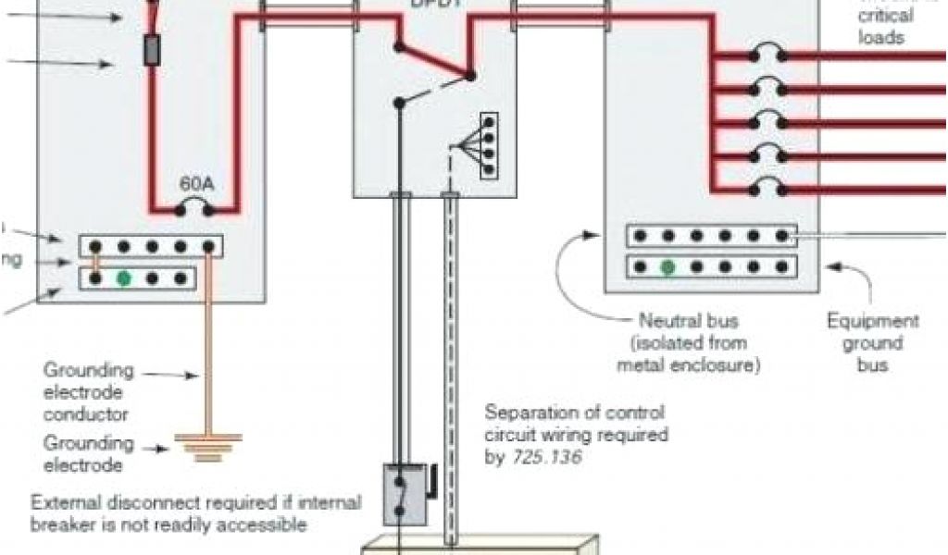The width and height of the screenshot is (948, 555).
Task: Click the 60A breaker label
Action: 195,184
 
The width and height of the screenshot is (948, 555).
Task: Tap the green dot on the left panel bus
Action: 122,277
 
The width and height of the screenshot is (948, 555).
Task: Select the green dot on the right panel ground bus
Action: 667,267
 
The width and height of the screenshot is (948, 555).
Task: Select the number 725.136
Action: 546,456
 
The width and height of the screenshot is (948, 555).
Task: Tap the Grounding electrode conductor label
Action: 89,392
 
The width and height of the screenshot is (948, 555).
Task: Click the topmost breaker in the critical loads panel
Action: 767,55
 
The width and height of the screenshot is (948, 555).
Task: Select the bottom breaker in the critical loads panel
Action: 767,190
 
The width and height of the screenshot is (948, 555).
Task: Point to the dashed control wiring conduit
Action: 451,370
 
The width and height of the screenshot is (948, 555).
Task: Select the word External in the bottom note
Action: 65,503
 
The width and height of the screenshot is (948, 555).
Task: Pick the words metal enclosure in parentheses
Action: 687,364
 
